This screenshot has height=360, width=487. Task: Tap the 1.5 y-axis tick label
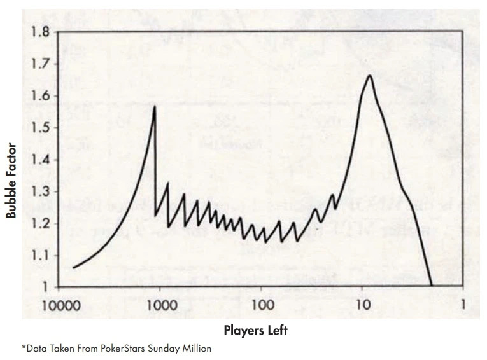(x=40, y=128)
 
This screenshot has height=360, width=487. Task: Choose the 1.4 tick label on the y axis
(x=40, y=160)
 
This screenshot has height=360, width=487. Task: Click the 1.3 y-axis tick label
(x=40, y=191)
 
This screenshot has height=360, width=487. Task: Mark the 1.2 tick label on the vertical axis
(x=40, y=223)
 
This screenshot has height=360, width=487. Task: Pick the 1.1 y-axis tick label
(x=40, y=255)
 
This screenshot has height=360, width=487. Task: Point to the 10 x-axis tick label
(x=362, y=305)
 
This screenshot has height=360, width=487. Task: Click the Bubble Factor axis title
(x=11, y=181)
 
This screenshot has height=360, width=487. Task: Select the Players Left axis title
(x=255, y=330)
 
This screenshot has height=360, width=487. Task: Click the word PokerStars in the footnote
(x=134, y=349)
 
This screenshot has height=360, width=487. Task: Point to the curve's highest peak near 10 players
(x=369, y=76)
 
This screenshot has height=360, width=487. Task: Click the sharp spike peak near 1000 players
(x=155, y=106)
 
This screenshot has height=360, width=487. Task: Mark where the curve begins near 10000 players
(x=73, y=268)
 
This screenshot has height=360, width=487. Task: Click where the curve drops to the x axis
(x=432, y=286)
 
